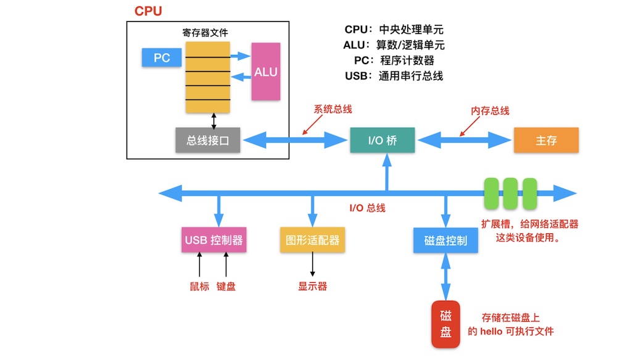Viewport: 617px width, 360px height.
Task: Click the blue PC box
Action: click(162, 57)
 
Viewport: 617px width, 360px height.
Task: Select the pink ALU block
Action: click(266, 72)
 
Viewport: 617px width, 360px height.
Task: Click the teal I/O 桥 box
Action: click(383, 141)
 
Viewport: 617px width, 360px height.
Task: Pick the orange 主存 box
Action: click(546, 141)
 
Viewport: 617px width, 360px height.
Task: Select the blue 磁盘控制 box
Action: click(445, 240)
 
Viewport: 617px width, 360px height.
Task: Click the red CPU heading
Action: click(148, 11)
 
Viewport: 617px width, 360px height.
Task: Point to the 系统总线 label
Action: click(333, 109)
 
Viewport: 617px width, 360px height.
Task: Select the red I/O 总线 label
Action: click(367, 208)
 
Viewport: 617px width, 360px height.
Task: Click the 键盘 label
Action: click(226, 287)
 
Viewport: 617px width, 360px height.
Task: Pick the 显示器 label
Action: click(313, 287)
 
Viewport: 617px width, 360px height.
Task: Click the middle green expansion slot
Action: click(510, 193)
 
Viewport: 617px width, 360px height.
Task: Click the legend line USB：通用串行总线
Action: click(394, 77)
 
